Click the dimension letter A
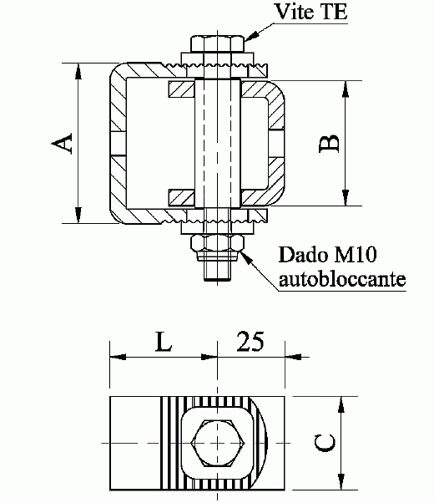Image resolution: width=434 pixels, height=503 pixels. pos(61,144)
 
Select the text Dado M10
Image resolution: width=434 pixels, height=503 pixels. pos(321,253)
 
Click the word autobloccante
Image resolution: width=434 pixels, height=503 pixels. pos(342,277)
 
